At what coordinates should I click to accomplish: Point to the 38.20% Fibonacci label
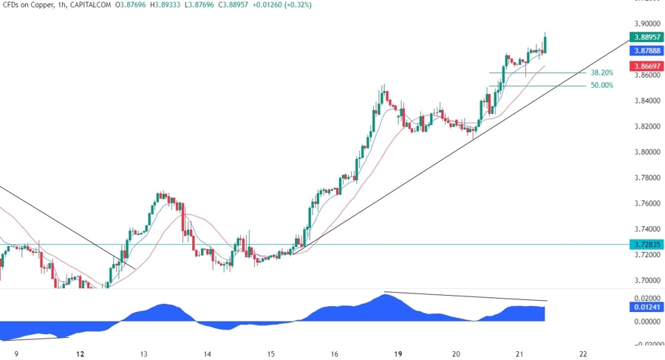tap(601, 73)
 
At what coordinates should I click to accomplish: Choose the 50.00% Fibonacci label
tap(601, 86)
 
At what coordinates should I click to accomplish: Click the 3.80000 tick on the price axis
tap(644, 152)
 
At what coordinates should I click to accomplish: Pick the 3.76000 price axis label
tap(644, 203)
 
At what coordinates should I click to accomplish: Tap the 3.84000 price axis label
tap(644, 101)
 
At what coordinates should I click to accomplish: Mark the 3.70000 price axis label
tap(644, 280)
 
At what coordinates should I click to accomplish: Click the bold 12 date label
tap(80, 353)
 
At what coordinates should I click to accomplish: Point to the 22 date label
tap(583, 353)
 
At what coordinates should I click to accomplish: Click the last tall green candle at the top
tap(545, 44)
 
